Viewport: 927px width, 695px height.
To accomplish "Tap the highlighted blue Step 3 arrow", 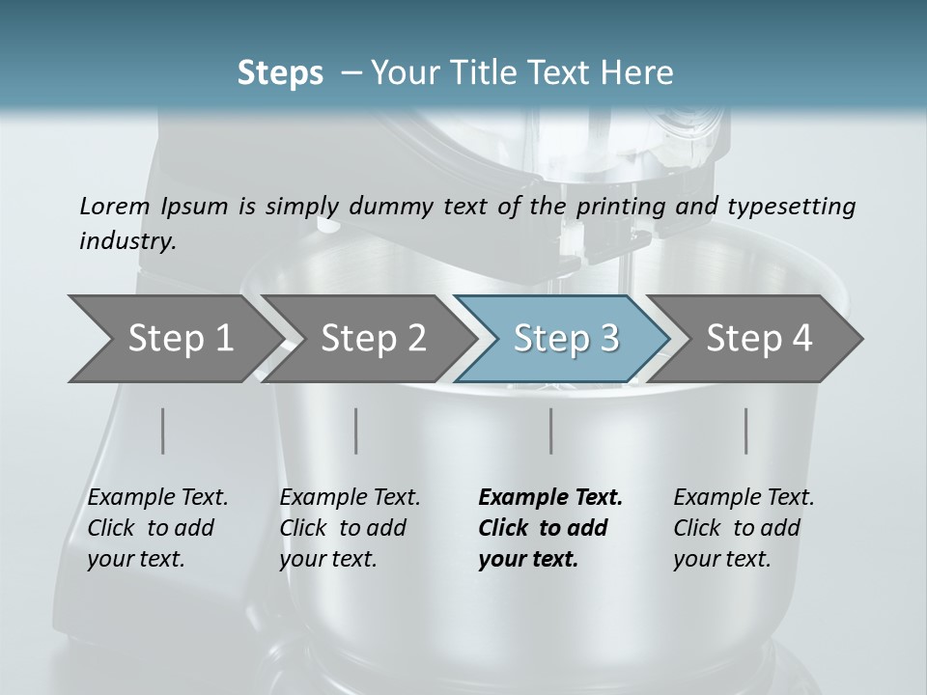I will pyautogui.click(x=566, y=338).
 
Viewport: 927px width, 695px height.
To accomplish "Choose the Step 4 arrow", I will pyautogui.click(x=759, y=338).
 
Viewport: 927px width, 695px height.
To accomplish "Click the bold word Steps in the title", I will pyautogui.click(x=280, y=72).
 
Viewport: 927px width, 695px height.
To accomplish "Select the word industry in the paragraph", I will pyautogui.click(x=127, y=241).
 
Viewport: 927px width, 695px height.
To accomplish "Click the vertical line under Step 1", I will pyautogui.click(x=162, y=431).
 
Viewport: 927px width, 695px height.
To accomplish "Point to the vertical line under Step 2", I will pyautogui.click(x=356, y=431).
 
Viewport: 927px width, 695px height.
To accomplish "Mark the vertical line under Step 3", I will pyautogui.click(x=550, y=431).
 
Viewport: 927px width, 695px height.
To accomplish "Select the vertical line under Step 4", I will pyautogui.click(x=745, y=431).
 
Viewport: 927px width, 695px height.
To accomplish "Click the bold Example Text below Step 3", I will pyautogui.click(x=550, y=498).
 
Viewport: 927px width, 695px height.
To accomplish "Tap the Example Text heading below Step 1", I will pyautogui.click(x=157, y=498).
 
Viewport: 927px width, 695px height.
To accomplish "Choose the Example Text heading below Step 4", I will pyautogui.click(x=744, y=498).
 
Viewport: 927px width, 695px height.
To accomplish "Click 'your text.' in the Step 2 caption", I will pyautogui.click(x=327, y=559).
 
